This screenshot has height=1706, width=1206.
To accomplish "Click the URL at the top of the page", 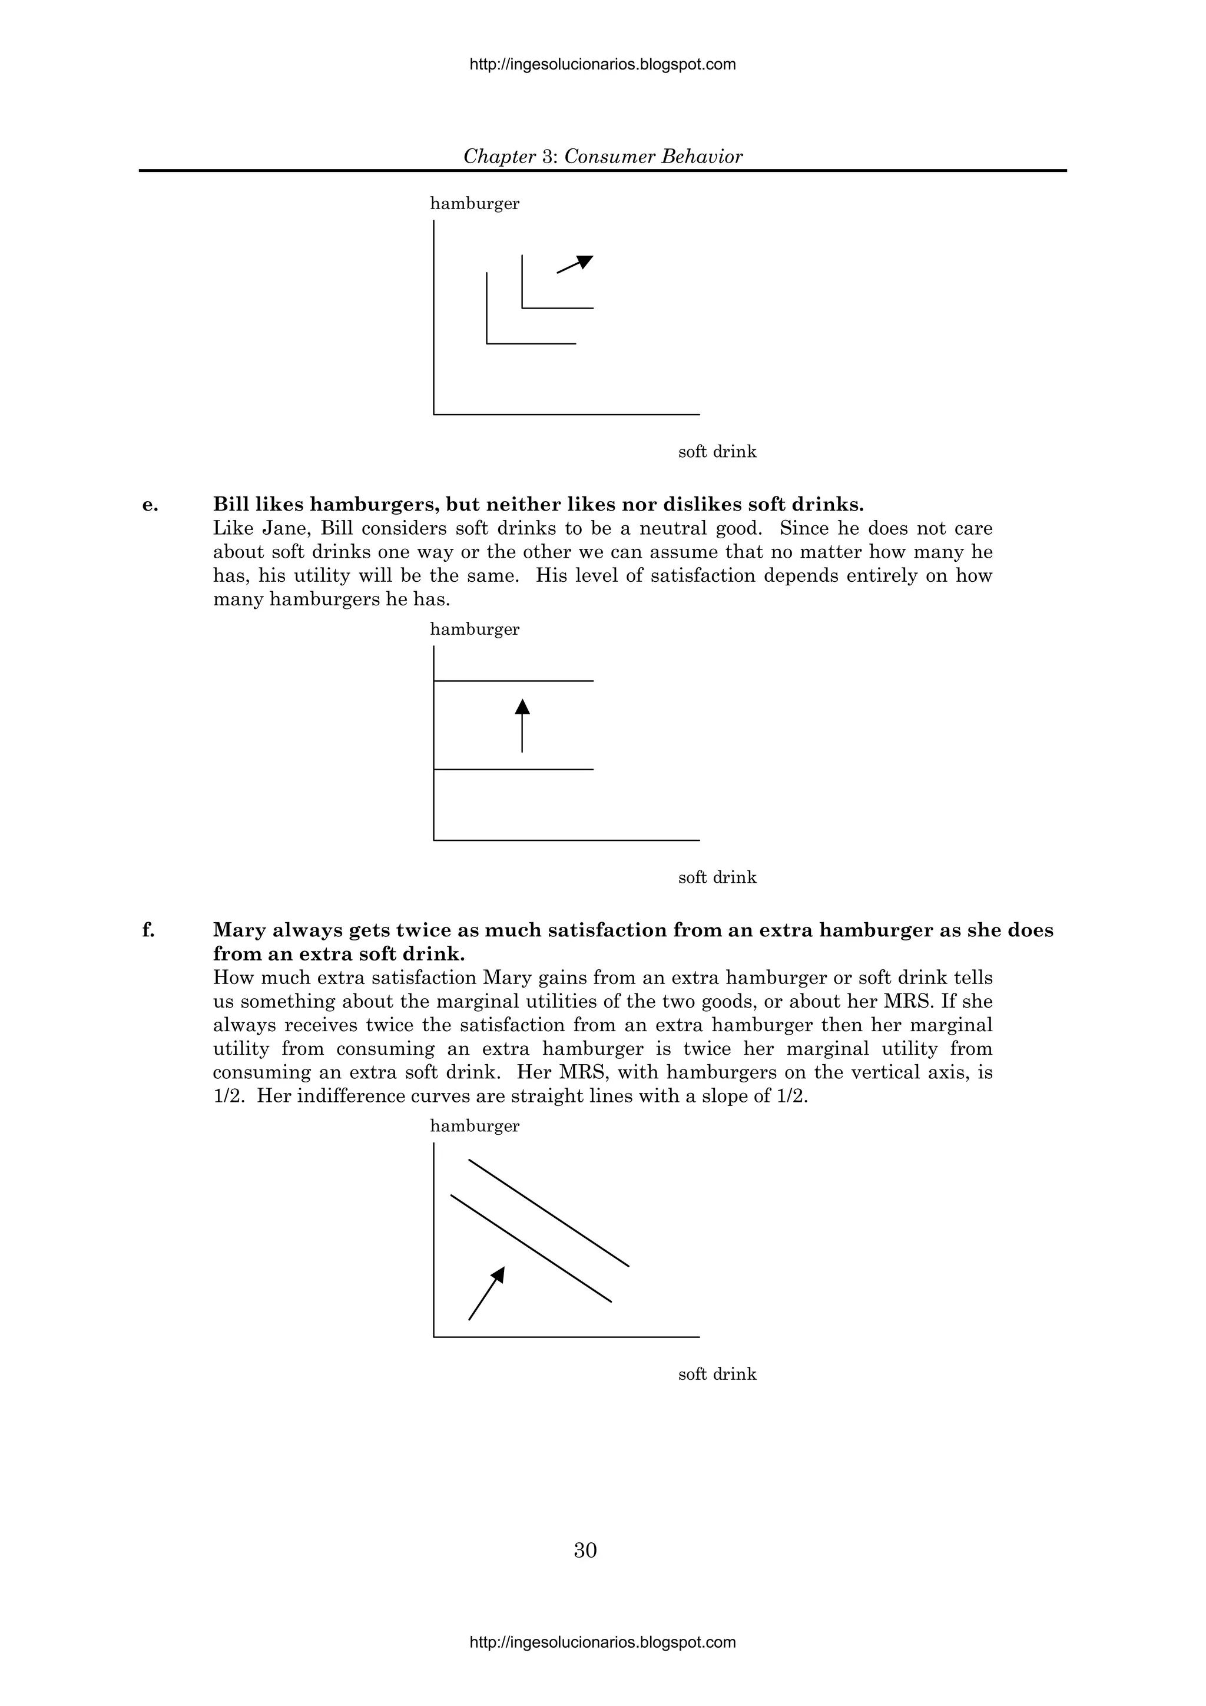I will click(602, 65).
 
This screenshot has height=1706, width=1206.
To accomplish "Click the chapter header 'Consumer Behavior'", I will click(652, 157).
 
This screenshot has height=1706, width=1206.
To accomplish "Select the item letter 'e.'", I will click(150, 505).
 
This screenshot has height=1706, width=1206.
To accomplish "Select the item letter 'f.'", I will click(148, 930).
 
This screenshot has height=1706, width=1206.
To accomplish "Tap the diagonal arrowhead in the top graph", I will click(584, 261).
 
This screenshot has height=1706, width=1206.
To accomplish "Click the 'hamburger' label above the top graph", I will click(475, 204).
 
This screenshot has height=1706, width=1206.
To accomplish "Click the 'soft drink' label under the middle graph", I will click(717, 877).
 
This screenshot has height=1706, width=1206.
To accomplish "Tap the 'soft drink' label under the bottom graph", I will click(717, 1374).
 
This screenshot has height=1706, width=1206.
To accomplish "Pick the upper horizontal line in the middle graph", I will click(513, 681).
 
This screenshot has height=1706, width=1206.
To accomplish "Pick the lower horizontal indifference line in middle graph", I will click(513, 769).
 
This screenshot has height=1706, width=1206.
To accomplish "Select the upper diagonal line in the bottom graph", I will click(548, 1213).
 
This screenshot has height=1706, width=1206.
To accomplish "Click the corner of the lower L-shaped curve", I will click(488, 343).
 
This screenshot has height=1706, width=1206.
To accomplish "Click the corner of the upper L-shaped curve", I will click(522, 307).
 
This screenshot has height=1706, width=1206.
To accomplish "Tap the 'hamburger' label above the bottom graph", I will click(475, 1126).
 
